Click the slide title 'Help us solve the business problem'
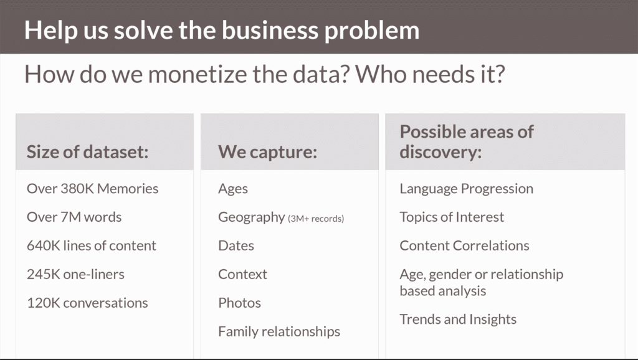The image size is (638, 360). pyautogui.click(x=222, y=30)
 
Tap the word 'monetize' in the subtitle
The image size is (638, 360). pyautogui.click(x=196, y=74)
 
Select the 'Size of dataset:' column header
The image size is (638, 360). pyautogui.click(x=87, y=152)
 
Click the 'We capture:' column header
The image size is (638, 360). pyautogui.click(x=267, y=152)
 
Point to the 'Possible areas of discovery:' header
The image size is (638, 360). pyautogui.click(x=467, y=141)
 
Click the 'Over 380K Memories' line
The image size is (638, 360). pyautogui.click(x=92, y=188)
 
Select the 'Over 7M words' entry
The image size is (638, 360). pyautogui.click(x=74, y=217)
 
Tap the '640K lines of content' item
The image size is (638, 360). pyautogui.click(x=92, y=245)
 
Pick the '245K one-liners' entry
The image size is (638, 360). pyautogui.click(x=75, y=274)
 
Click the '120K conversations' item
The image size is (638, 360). pyautogui.click(x=87, y=303)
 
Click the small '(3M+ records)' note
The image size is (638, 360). pyautogui.click(x=316, y=219)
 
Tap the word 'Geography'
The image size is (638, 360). pyautogui.click(x=252, y=217)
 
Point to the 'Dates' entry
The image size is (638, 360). pyautogui.click(x=236, y=245)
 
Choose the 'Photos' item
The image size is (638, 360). pyautogui.click(x=239, y=303)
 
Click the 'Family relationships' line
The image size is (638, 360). pyautogui.click(x=279, y=331)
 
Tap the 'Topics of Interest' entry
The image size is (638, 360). pyautogui.click(x=452, y=217)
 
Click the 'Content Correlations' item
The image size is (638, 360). pyautogui.click(x=464, y=245)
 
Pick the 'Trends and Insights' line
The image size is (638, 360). pyautogui.click(x=458, y=320)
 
